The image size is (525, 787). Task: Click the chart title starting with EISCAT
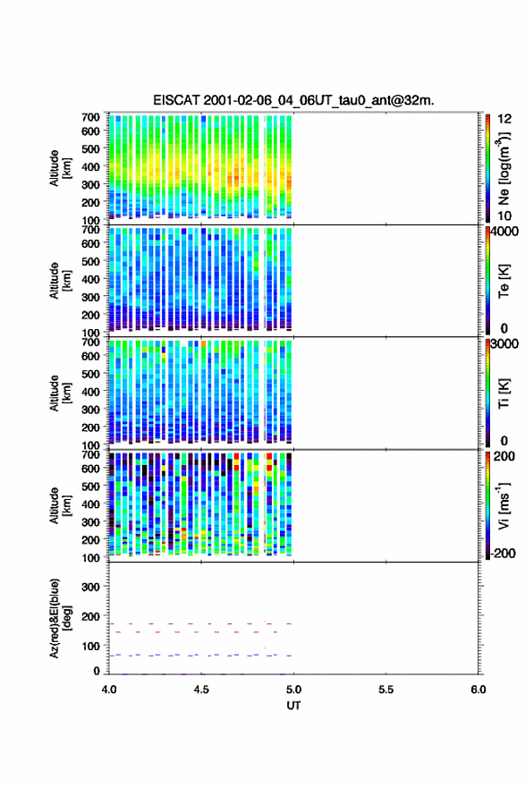[x=293, y=100]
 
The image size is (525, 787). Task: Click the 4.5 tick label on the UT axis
[x=201, y=690]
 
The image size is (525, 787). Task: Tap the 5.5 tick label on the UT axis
[x=386, y=690]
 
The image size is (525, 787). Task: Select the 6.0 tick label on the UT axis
[x=478, y=690]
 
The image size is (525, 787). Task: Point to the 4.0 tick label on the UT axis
[x=109, y=690]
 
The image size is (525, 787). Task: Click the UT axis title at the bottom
[x=293, y=706]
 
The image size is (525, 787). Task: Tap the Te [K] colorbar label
[x=504, y=281]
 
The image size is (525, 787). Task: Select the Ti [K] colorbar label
[x=504, y=393]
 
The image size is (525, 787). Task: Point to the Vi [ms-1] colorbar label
[x=504, y=505]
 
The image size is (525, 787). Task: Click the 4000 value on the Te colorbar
[x=505, y=231]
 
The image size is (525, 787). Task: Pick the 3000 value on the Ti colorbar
[x=505, y=343]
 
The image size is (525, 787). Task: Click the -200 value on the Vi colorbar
[x=504, y=553]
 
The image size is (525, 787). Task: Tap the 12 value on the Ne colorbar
[x=505, y=118]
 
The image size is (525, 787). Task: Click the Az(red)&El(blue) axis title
[x=60, y=618]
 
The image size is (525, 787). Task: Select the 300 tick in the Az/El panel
[x=90, y=587]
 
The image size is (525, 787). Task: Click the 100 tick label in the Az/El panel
[x=90, y=646]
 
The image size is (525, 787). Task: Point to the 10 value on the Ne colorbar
[x=505, y=216]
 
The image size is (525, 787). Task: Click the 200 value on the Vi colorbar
[x=504, y=456]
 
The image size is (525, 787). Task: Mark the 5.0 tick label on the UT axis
[x=293, y=690]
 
